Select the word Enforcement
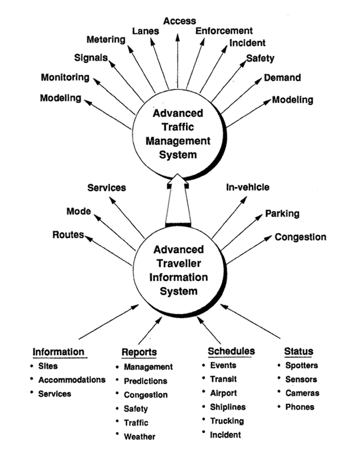(x=224, y=31)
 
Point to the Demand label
(x=282, y=78)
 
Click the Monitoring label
(x=65, y=77)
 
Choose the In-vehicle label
(x=247, y=187)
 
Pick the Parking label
(x=282, y=214)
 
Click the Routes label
(x=68, y=235)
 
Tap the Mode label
(x=79, y=212)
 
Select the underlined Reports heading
(x=139, y=352)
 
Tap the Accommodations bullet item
(x=71, y=379)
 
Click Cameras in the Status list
(x=301, y=393)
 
